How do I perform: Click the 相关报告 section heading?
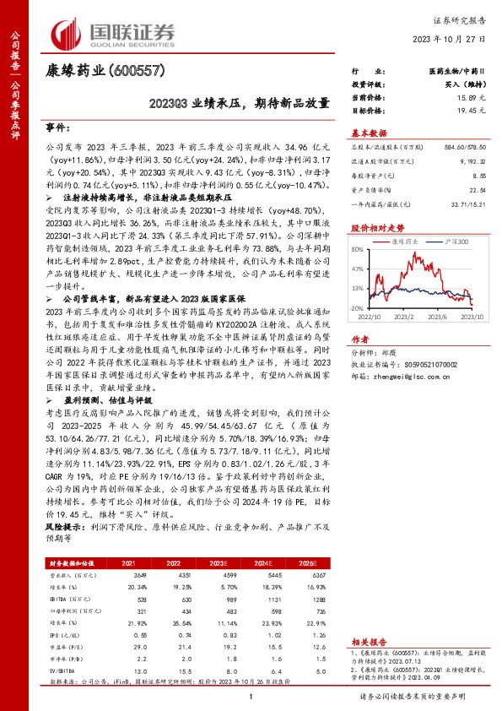coord(364,643)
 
